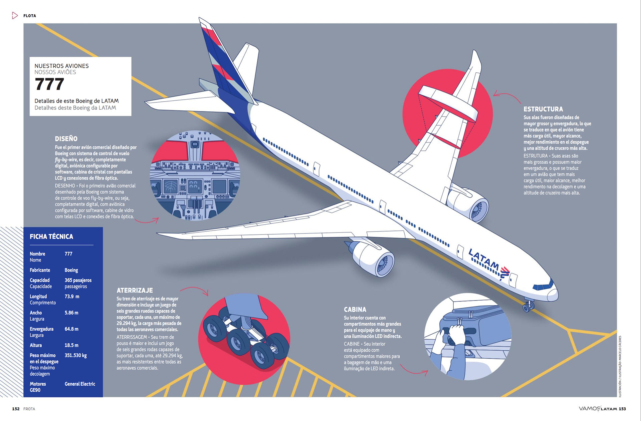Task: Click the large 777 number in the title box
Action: (x=49, y=84)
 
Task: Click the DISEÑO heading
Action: (x=66, y=139)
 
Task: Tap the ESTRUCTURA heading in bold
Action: (x=543, y=109)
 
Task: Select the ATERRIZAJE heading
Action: (x=135, y=290)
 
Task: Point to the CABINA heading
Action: (x=355, y=310)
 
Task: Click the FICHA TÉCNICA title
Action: (x=51, y=237)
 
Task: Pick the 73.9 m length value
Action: (x=72, y=296)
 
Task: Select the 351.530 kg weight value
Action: (x=75, y=355)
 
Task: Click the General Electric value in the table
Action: (x=80, y=384)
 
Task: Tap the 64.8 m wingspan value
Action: (x=71, y=329)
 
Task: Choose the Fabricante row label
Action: (x=40, y=270)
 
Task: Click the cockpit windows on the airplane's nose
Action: (x=543, y=286)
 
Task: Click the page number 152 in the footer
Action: (x=16, y=409)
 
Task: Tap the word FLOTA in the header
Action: (x=30, y=16)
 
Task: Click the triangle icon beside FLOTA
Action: (x=15, y=15)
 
